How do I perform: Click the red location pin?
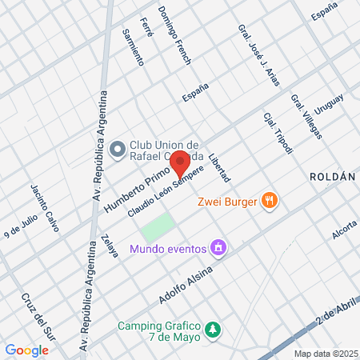click(x=180, y=162)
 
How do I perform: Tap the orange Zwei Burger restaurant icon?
click(x=270, y=201)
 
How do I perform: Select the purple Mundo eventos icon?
click(x=217, y=249)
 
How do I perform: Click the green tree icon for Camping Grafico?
click(x=213, y=329)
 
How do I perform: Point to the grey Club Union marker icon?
click(x=118, y=149)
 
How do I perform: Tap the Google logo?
click(x=26, y=350)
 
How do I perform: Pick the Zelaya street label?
click(x=110, y=245)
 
